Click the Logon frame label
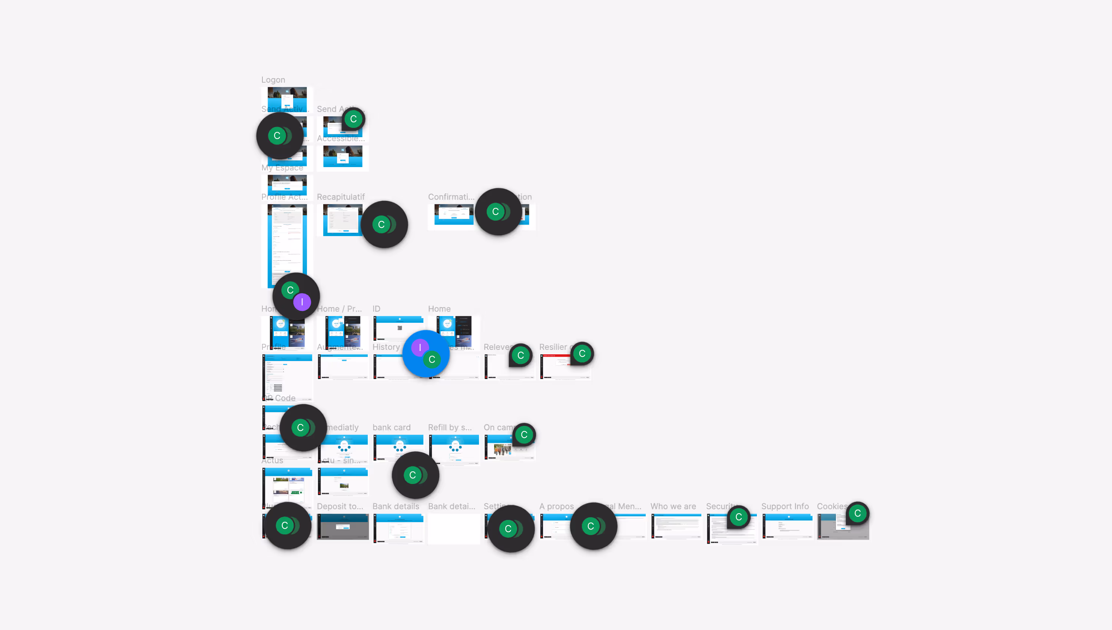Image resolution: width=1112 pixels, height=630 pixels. (x=273, y=80)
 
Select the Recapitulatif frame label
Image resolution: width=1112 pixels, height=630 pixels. (x=341, y=197)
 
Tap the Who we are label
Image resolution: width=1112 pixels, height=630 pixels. (x=673, y=506)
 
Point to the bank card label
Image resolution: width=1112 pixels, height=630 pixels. (x=391, y=428)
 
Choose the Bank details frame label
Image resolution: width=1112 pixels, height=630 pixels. (x=396, y=506)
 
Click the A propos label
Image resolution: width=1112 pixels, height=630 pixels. (x=556, y=506)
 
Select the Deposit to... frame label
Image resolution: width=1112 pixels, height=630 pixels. (x=340, y=506)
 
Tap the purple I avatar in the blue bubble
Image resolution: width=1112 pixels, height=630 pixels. (x=420, y=348)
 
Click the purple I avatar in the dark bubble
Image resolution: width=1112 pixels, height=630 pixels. (x=302, y=302)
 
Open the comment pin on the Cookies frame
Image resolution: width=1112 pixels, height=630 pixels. (x=857, y=514)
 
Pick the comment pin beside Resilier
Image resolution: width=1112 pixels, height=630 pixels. (x=582, y=354)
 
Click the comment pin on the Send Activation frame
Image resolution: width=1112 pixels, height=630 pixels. (x=353, y=119)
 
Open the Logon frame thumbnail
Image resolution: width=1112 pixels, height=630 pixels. (x=287, y=98)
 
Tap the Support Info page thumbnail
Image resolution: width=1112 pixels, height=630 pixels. (x=788, y=526)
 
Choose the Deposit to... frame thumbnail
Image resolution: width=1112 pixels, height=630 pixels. (x=343, y=526)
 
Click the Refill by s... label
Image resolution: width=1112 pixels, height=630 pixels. (x=450, y=428)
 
